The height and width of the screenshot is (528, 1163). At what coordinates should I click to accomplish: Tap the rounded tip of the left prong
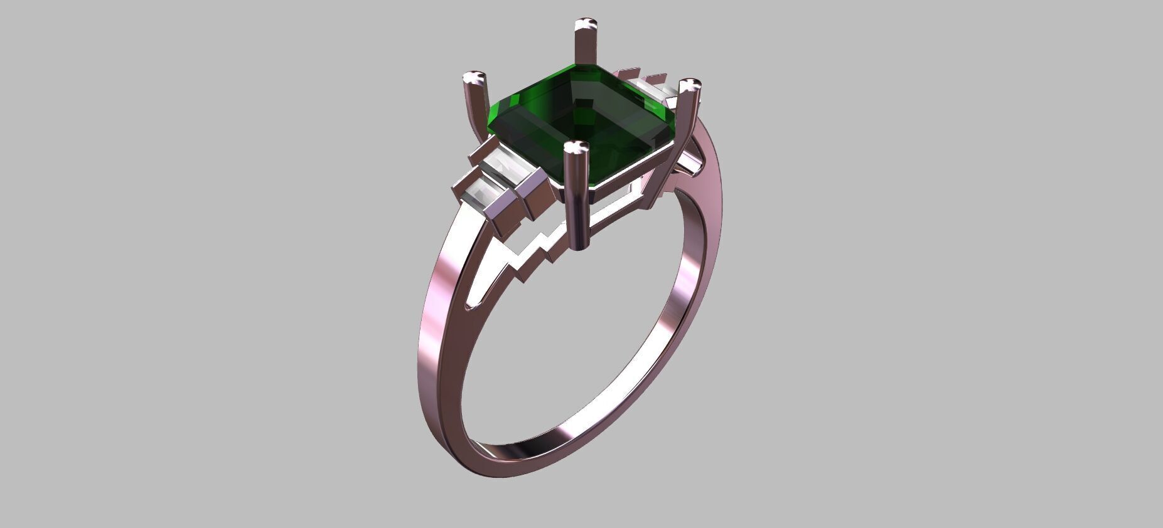474,78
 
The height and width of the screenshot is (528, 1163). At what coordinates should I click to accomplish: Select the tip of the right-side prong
690,85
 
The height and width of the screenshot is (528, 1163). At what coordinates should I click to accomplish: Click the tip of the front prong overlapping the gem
576,148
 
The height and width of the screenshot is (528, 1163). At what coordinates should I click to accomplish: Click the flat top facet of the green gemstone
581,119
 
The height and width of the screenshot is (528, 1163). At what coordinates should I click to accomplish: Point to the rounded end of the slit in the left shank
469,307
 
